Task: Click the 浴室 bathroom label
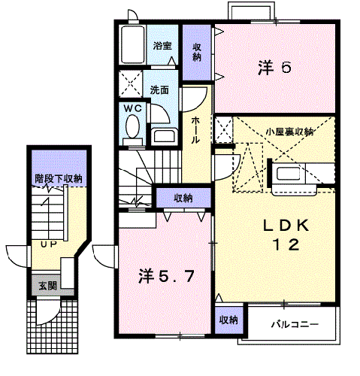point(162,46)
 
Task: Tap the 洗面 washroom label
point(159,89)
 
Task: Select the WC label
point(133,108)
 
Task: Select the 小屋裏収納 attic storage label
point(289,132)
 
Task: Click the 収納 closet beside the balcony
point(228,320)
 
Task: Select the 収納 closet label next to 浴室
point(197,52)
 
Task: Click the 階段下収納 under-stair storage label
point(58,178)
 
